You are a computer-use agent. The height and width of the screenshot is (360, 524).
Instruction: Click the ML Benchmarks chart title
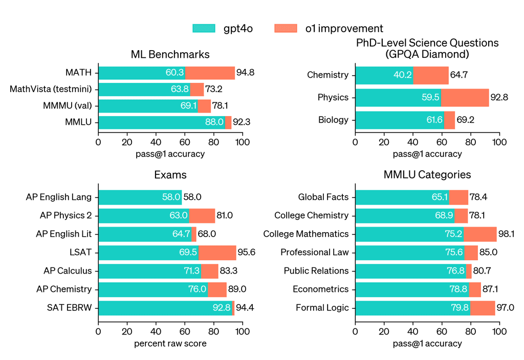(x=170, y=54)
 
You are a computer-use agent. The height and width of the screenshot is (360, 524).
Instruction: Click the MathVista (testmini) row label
(x=51, y=89)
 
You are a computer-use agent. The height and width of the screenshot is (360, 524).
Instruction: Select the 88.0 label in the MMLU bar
(x=214, y=122)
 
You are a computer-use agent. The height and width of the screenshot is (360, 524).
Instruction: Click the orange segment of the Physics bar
(x=465, y=97)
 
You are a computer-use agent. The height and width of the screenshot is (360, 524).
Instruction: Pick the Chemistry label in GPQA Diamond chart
(x=327, y=75)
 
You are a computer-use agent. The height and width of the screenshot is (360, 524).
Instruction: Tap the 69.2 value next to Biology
(x=466, y=120)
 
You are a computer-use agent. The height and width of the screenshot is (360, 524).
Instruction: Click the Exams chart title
(x=170, y=175)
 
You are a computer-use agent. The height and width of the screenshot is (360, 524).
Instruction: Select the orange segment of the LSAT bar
(x=217, y=253)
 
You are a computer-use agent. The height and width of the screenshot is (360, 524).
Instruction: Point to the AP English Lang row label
(x=59, y=197)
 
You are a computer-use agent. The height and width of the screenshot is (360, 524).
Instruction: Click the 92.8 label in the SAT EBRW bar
(x=222, y=308)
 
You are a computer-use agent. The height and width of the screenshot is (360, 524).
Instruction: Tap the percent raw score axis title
(x=170, y=344)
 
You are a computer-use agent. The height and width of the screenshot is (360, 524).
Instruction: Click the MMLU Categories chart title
(x=427, y=175)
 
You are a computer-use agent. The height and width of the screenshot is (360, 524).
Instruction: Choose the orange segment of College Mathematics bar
(x=481, y=234)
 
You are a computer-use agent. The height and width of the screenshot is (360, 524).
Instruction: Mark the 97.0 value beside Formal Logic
(x=505, y=308)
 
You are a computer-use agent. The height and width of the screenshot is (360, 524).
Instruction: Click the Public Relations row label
(x=316, y=271)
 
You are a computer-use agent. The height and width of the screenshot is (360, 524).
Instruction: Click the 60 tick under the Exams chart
(x=185, y=332)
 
